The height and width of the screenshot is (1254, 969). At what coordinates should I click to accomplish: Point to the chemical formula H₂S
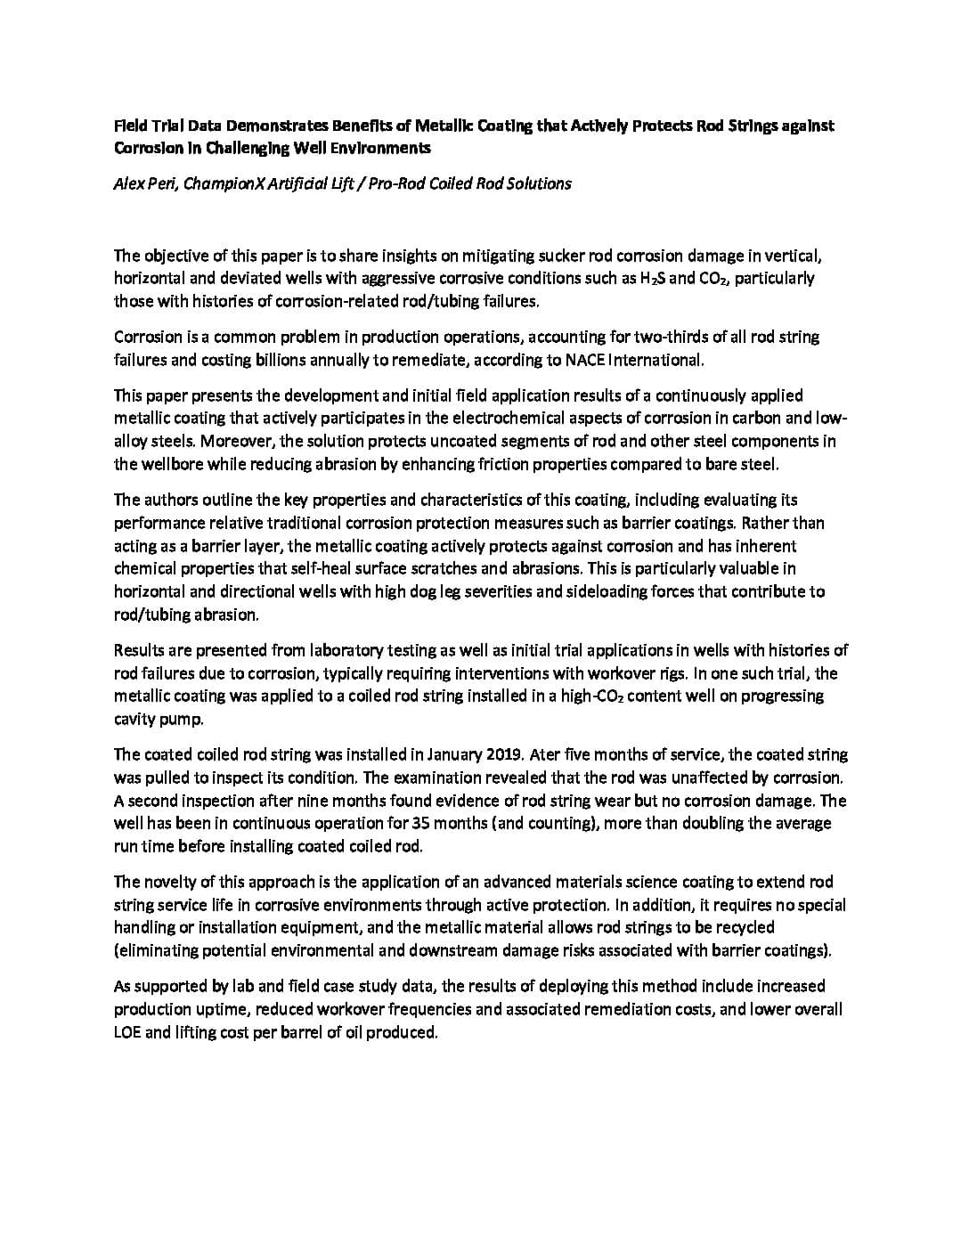pos(652,278)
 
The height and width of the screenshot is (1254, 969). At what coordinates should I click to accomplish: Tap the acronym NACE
pos(586,360)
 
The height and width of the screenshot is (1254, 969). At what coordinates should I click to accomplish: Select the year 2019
pos(504,754)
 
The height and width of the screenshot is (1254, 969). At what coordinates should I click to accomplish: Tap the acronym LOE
pos(127,1033)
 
